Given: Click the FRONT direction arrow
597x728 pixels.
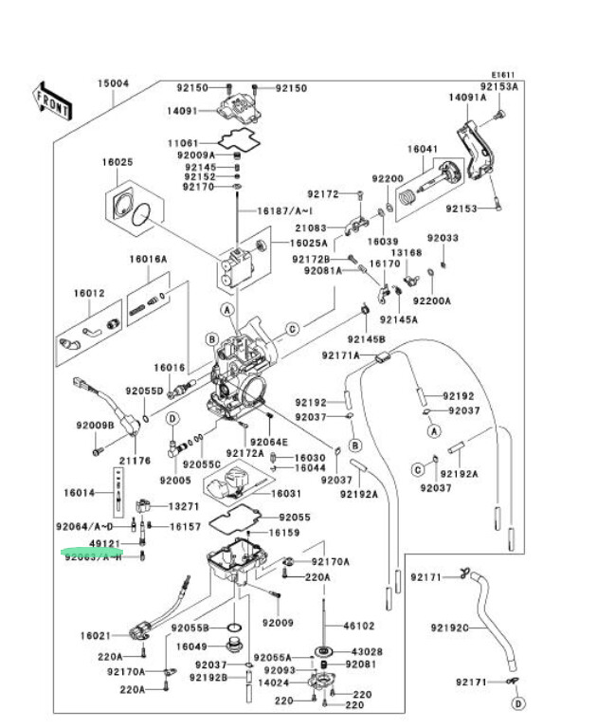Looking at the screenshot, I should point(53,100).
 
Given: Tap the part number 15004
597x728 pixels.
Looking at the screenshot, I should point(113,83).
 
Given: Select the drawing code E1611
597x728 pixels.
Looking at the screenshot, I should point(502,76).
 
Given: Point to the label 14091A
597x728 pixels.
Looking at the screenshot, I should point(467,98).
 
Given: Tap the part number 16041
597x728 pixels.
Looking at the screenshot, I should point(423,150).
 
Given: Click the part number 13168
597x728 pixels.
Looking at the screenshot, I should point(407,253).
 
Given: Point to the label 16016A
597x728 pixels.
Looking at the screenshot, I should point(148,259).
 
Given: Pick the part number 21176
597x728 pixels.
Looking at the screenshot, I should point(135,461).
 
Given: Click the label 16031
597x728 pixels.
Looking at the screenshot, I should point(286,494).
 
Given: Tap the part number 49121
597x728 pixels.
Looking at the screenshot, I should point(104,544).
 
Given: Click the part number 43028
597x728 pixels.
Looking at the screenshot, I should point(367,651).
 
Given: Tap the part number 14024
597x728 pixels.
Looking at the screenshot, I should point(274,682).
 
